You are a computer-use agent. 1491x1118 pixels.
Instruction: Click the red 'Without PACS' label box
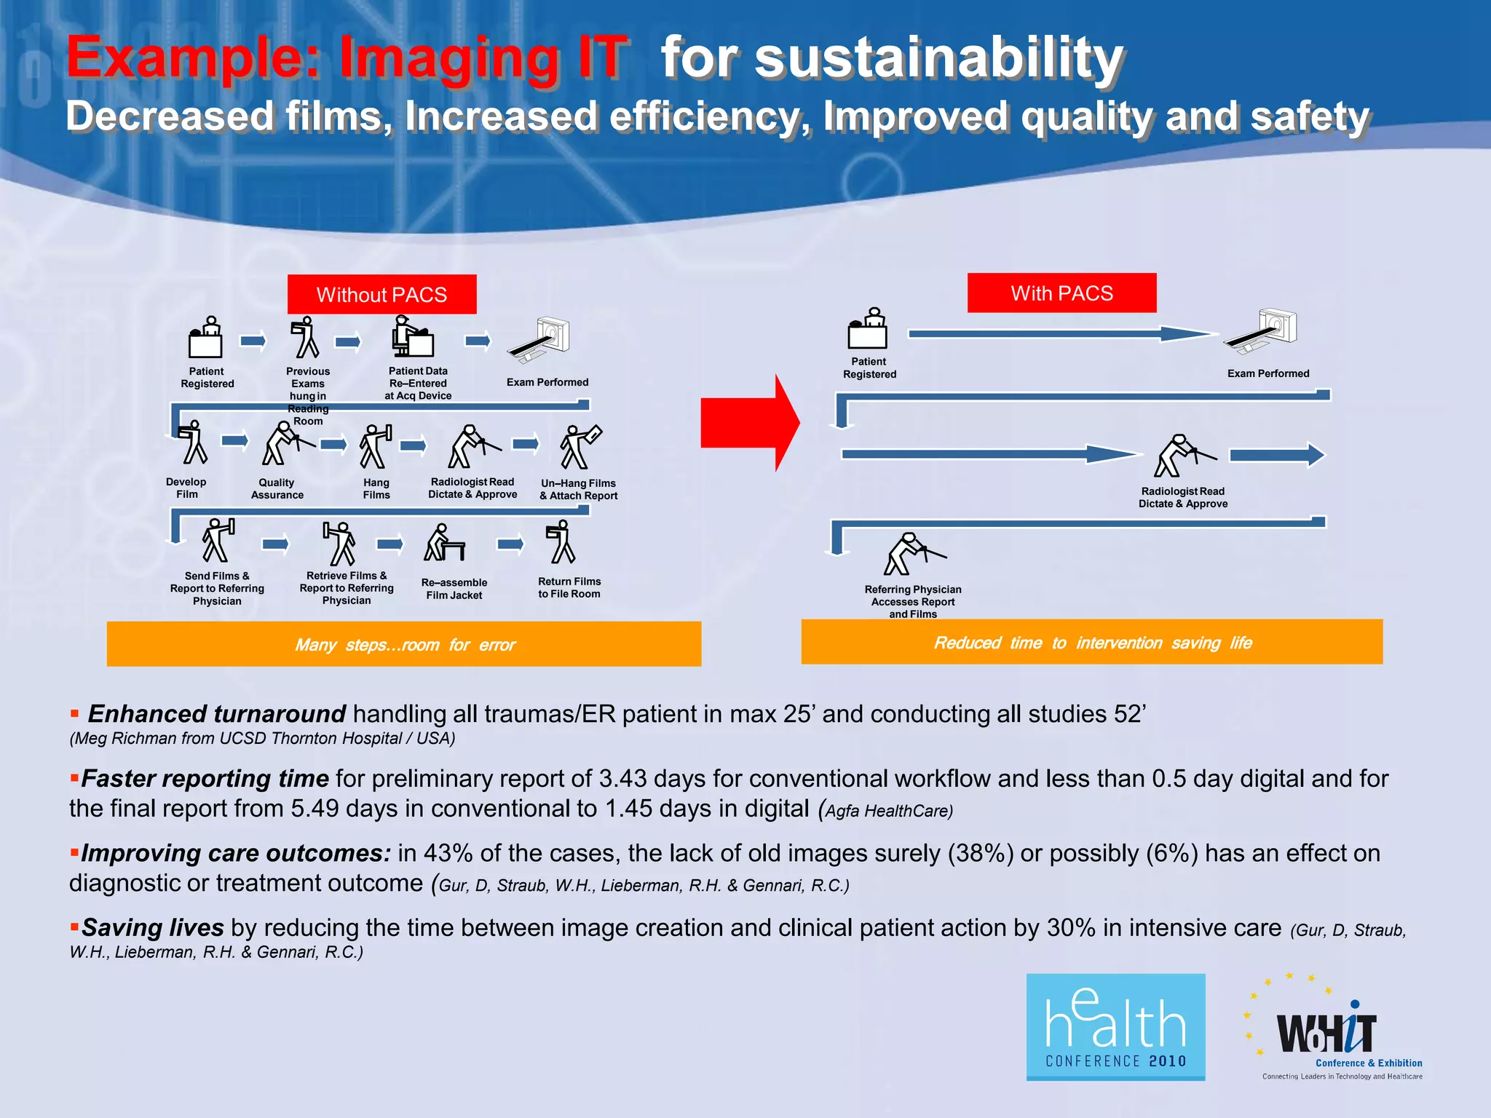(x=381, y=294)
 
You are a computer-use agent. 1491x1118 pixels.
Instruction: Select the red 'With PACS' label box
(x=1061, y=293)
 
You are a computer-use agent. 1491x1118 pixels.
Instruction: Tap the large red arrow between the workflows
(x=750, y=422)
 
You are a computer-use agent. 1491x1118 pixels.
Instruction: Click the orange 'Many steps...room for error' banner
(x=404, y=644)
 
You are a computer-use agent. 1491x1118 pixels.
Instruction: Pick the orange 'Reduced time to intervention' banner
(x=1091, y=642)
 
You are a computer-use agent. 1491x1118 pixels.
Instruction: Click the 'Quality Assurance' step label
(x=277, y=488)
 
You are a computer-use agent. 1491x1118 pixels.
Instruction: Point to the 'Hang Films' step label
(x=376, y=488)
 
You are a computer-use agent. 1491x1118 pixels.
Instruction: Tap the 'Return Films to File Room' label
(x=569, y=587)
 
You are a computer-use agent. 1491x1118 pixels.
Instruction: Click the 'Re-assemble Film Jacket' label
(x=454, y=589)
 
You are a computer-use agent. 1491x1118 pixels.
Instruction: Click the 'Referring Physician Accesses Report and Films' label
(x=913, y=601)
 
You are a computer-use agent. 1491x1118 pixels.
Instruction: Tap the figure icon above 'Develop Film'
(x=193, y=443)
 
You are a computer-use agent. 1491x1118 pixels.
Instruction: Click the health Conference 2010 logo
(x=1115, y=1027)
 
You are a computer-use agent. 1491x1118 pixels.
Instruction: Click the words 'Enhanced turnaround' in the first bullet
(x=216, y=713)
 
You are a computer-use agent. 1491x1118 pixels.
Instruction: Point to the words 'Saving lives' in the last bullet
(x=152, y=927)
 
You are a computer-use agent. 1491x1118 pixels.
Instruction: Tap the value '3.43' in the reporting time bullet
(x=622, y=779)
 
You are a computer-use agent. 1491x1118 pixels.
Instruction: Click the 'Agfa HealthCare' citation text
(x=888, y=811)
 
